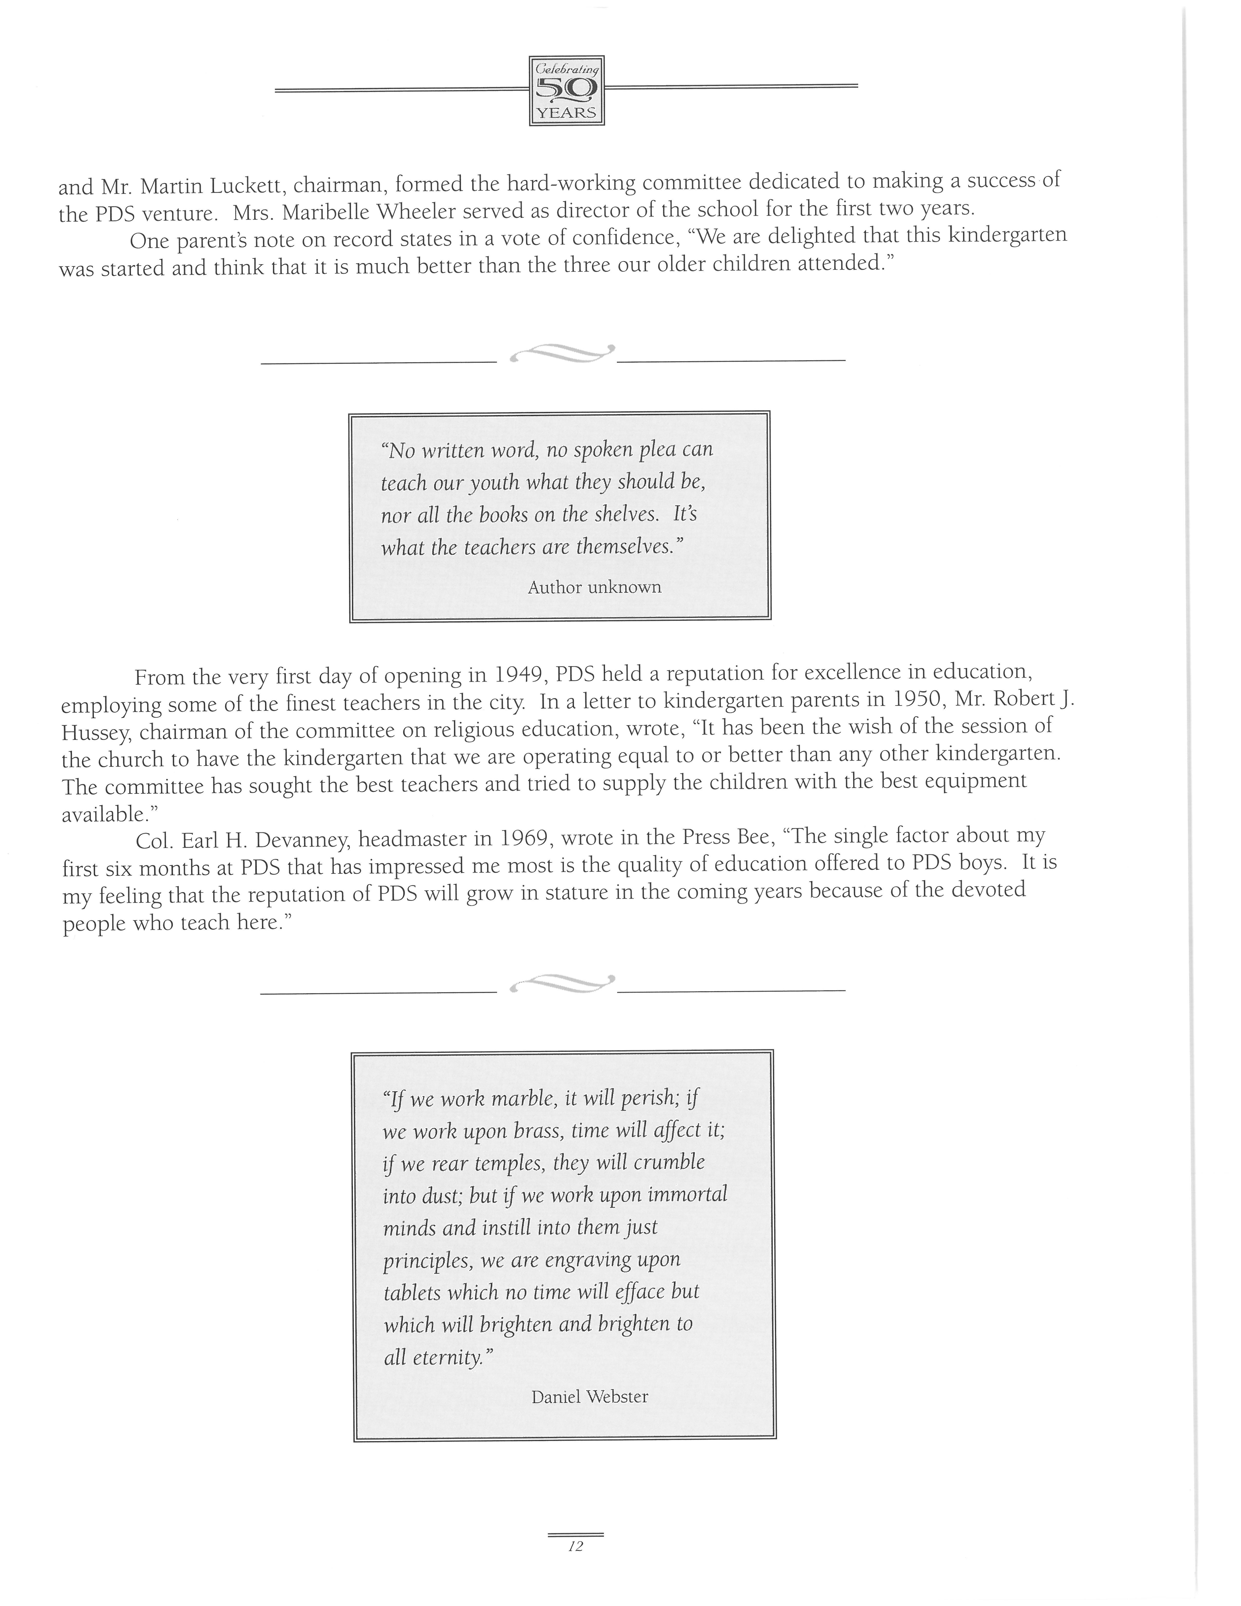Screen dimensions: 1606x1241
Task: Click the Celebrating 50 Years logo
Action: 566,91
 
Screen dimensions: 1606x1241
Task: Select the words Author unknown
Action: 594,587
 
